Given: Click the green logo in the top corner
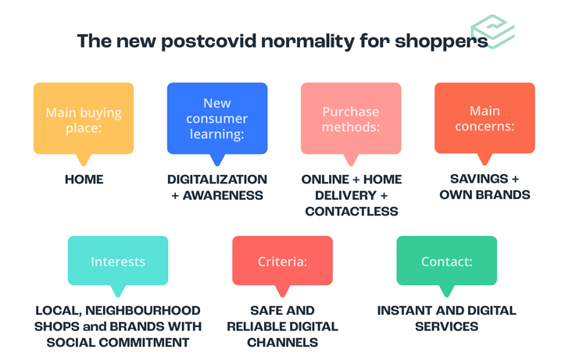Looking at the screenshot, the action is pos(492,32).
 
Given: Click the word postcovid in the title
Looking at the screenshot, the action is pos(209,41).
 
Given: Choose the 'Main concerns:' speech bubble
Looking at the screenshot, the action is pos(485,123).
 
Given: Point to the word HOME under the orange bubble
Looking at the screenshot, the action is pos(84,180).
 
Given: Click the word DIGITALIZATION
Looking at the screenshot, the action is pos(217,180).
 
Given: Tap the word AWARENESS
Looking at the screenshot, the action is pos(223,195).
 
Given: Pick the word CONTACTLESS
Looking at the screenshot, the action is pos(352,212).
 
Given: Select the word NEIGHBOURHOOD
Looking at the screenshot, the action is pos(143,310).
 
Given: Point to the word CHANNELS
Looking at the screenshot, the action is pos(283,342).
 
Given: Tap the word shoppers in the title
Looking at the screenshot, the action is pos(442,42).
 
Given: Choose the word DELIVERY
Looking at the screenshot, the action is pos(346,195).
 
